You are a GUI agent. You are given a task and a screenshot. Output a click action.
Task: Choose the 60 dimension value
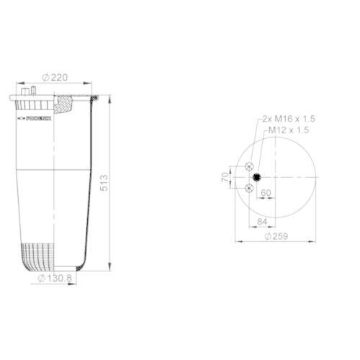265,192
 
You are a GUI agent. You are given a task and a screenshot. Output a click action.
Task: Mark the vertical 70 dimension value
225,176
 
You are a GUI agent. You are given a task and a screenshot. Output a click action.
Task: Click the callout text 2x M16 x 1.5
289,118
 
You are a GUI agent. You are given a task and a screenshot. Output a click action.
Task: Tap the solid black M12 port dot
257,177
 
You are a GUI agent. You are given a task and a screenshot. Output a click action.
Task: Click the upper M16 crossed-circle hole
249,166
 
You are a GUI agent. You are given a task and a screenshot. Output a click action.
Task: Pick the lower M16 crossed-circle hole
249,188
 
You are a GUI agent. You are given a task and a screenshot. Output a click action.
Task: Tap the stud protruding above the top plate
32,90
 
